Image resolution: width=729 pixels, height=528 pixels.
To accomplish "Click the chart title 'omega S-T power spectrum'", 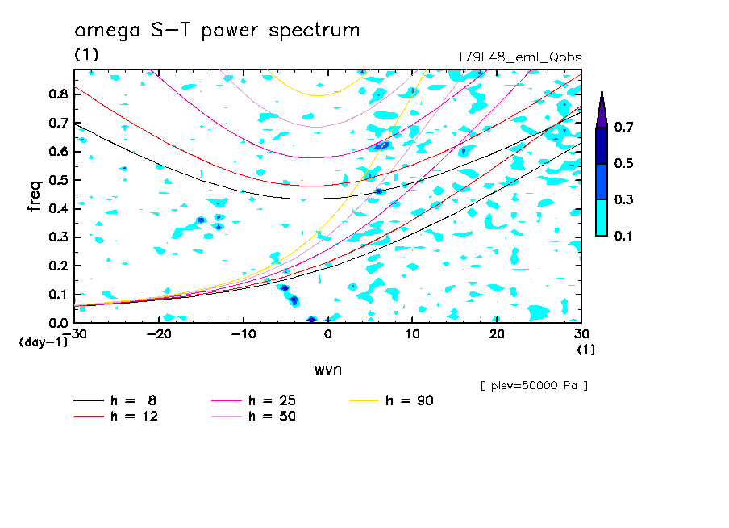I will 217,31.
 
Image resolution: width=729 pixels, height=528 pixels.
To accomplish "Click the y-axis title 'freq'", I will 35,195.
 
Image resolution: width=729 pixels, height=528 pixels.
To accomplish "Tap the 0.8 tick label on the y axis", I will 57,94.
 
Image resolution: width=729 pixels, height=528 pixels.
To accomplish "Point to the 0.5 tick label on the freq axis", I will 57,180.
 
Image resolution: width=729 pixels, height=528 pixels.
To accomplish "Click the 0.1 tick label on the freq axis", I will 57,295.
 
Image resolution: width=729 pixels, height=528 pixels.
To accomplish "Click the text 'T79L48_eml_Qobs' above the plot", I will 519,57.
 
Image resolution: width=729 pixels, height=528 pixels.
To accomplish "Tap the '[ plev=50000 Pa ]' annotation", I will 534,386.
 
